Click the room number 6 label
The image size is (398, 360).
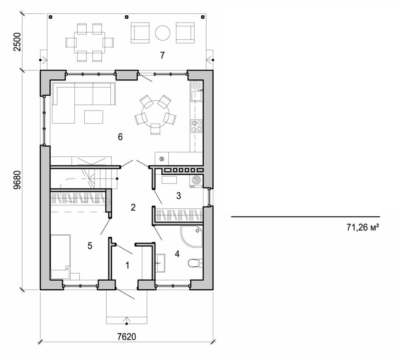click(x=120, y=137)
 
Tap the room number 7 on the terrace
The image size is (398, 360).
click(x=162, y=55)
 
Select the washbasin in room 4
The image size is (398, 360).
click(x=160, y=263)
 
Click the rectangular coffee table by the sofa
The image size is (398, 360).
click(x=94, y=117)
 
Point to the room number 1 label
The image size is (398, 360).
click(x=127, y=266)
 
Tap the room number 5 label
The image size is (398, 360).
click(x=90, y=246)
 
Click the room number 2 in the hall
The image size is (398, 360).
click(x=133, y=207)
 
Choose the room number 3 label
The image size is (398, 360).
click(x=178, y=196)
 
